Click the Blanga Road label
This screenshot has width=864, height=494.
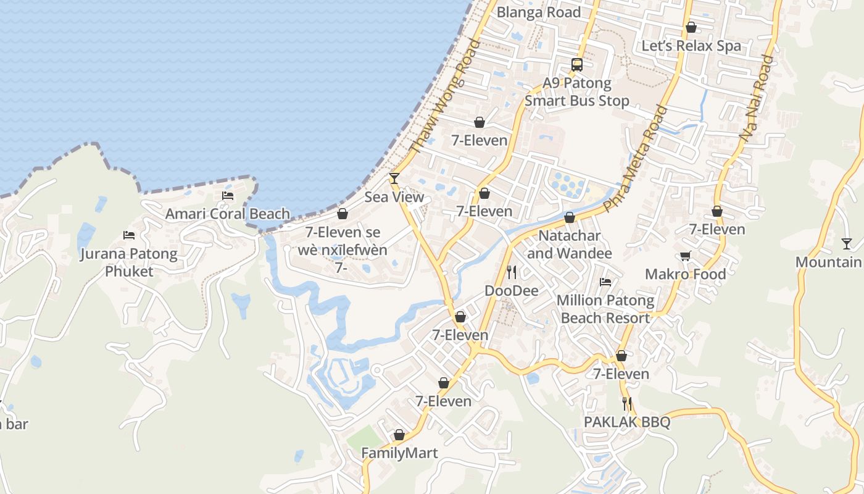pos(539,12)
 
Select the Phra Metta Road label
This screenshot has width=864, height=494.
pos(636,159)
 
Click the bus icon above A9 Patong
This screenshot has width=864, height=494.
pos(577,65)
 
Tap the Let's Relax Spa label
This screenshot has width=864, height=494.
pos(691,46)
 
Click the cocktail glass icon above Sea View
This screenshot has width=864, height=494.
pos(394,179)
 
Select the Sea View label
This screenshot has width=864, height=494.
pos(394,197)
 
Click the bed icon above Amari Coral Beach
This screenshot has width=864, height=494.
pos(228,196)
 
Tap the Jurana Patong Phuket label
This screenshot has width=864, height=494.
pos(128,262)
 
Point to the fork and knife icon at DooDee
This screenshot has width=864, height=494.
pos(511,272)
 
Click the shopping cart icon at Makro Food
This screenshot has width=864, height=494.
pos(685,256)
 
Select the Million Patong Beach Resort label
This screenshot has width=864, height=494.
pos(605,309)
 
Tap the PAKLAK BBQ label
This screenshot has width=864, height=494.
pos(627,422)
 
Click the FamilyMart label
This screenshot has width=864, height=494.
pos(399,453)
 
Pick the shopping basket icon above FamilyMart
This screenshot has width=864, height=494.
pos(399,435)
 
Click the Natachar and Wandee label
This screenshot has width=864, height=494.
pos(569,245)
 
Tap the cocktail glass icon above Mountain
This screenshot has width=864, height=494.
pos(847,244)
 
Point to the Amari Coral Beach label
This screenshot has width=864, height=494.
pos(228,214)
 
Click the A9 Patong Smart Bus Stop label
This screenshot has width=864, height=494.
pos(577,92)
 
